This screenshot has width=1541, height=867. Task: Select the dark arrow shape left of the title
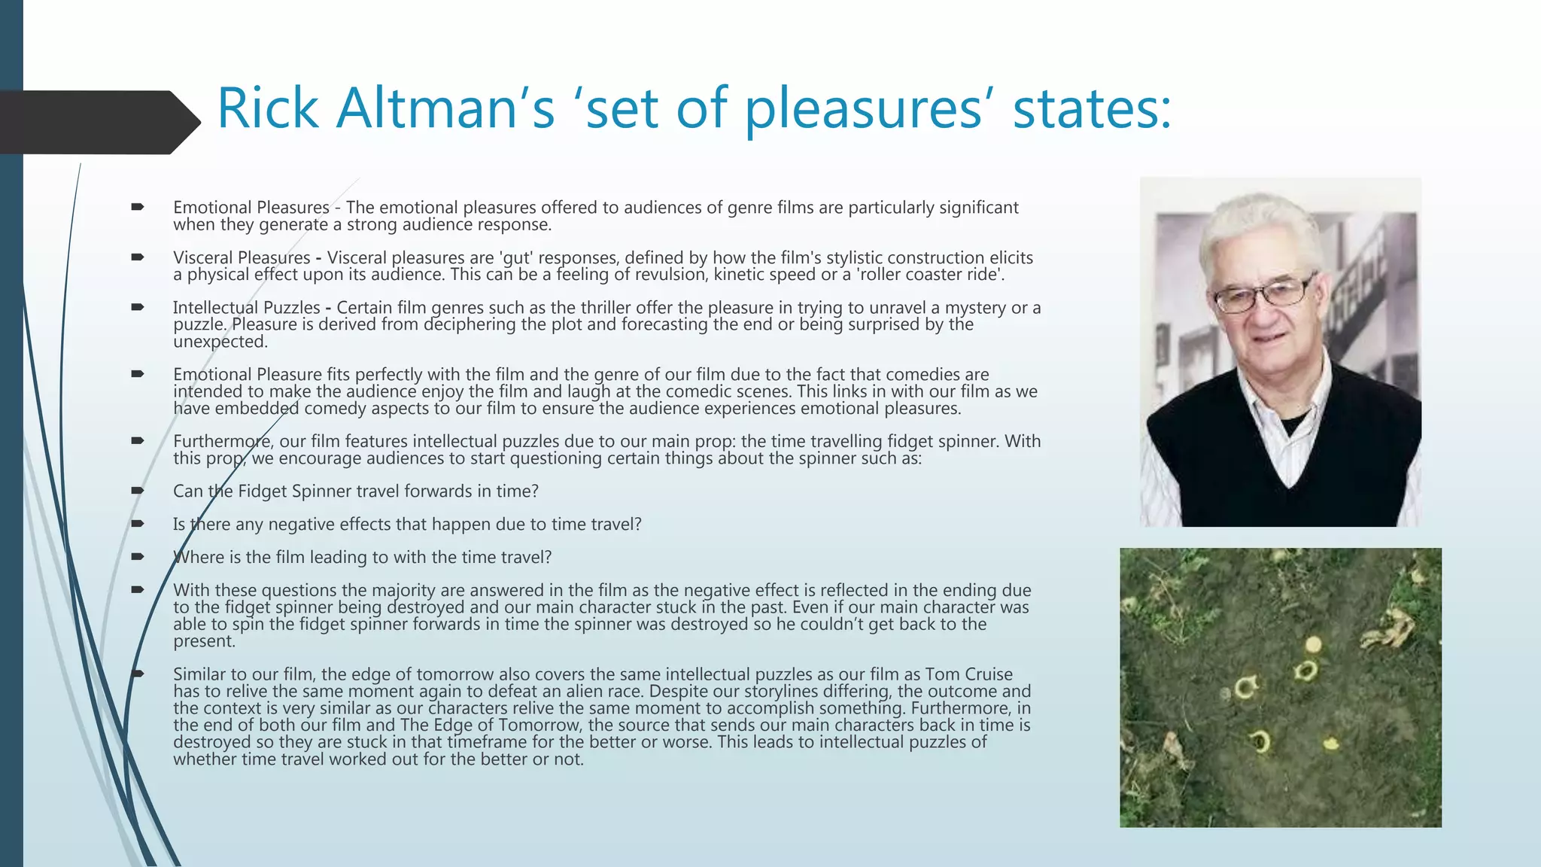coord(98,122)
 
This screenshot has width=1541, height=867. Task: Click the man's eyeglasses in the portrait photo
coord(1264,294)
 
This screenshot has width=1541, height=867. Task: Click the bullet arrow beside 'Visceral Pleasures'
coord(137,257)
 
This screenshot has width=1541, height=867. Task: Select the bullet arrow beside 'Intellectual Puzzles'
coord(137,307)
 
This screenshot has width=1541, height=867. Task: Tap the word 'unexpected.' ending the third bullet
coord(220,342)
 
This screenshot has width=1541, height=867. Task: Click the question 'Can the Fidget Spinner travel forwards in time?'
coord(355,491)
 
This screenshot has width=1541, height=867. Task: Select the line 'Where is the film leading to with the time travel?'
coord(362,558)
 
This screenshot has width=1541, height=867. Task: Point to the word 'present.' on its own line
coord(204,641)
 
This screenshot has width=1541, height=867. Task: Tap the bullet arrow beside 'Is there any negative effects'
coord(137,524)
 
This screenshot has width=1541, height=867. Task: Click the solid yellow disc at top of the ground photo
coord(1313,644)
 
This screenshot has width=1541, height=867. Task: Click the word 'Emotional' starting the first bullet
coord(212,208)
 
